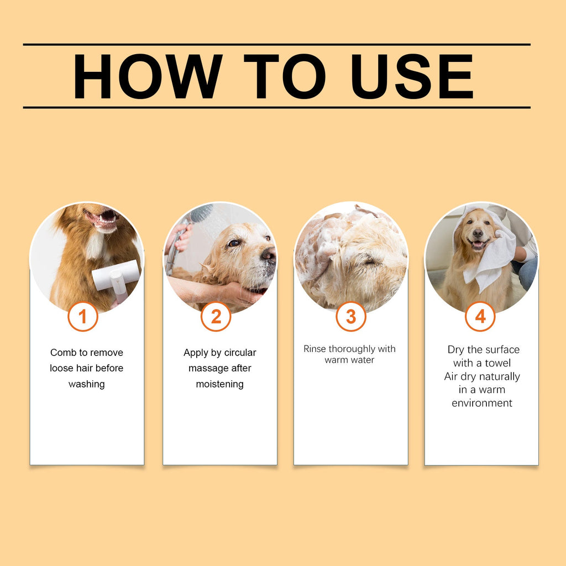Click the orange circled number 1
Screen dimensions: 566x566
[x=83, y=317]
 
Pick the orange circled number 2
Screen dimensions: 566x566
[x=216, y=317]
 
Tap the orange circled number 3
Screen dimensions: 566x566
[x=351, y=317]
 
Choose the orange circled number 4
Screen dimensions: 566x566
[x=480, y=317]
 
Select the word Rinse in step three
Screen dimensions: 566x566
[x=315, y=349]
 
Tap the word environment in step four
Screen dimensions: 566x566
[x=482, y=403]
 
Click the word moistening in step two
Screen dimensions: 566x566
[x=220, y=384]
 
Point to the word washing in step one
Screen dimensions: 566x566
[x=86, y=384]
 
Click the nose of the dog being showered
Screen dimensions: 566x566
[x=269, y=254]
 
